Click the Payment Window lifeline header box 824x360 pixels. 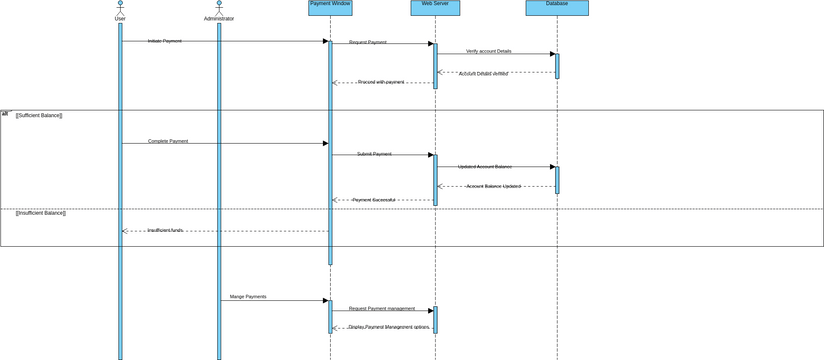point(330,8)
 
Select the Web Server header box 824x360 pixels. point(435,8)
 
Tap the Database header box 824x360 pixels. point(557,8)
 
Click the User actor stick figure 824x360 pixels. point(120,7)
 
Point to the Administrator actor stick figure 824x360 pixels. point(219,7)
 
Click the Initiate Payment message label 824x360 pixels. point(165,41)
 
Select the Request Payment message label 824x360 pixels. point(368,43)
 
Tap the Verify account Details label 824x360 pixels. point(488,51)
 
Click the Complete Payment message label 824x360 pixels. point(168,141)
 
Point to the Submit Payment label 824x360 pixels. point(374,154)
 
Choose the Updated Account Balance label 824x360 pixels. point(485,166)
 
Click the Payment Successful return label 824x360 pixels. point(374,200)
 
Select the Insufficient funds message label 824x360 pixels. point(165,230)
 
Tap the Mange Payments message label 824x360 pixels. point(248,297)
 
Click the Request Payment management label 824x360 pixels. point(381,309)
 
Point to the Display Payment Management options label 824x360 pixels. point(389,327)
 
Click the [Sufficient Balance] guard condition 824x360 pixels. point(39,116)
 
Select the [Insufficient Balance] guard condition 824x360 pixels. point(41,213)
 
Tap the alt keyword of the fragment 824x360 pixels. point(5,114)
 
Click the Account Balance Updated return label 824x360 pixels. point(494,186)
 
